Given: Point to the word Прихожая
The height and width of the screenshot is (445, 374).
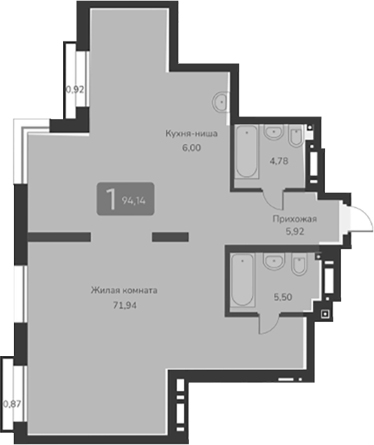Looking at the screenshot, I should coord(295,219).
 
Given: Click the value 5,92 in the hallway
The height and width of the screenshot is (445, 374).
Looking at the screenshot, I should coord(295,232).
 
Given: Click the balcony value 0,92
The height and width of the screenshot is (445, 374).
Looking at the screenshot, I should coord(74,89).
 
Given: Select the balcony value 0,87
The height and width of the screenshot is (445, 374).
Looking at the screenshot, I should coord(11,403).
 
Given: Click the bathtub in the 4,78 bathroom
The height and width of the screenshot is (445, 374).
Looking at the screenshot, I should coord(246,152).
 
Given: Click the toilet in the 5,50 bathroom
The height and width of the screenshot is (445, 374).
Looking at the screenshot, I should coord(298,267).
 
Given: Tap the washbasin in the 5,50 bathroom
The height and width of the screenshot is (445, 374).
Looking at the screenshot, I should coord(272,262).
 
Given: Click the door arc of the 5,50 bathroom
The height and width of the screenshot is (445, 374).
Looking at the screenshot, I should coord(270,323).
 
